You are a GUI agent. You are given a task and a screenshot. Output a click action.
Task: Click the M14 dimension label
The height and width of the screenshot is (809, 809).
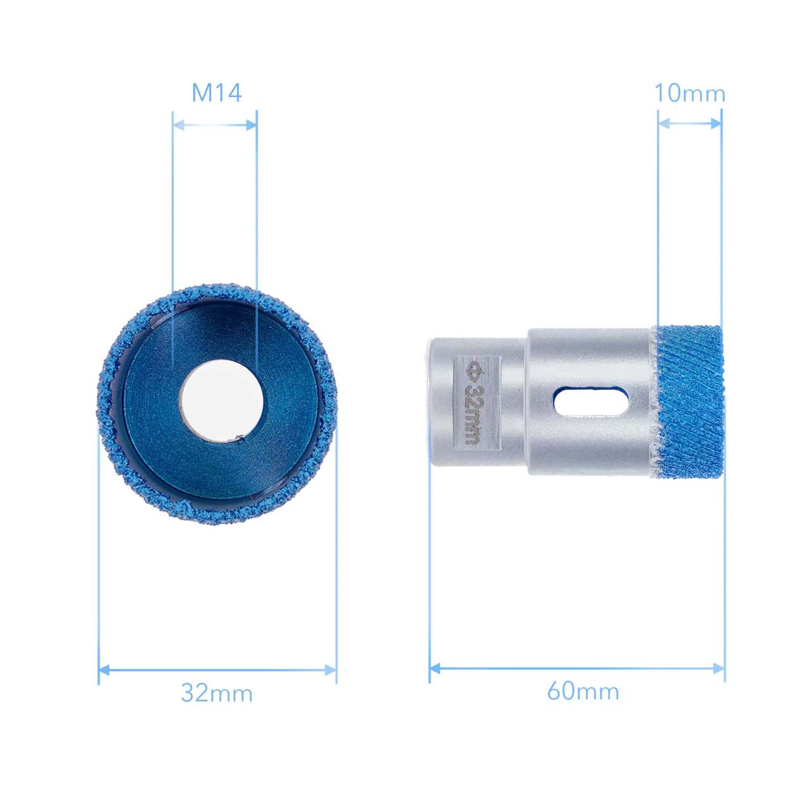[217, 93]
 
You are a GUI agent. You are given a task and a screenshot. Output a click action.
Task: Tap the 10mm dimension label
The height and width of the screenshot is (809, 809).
[689, 94]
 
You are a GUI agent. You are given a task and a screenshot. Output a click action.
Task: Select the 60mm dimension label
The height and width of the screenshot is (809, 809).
[583, 691]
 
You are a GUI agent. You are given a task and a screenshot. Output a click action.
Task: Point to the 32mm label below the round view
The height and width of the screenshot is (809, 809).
[217, 693]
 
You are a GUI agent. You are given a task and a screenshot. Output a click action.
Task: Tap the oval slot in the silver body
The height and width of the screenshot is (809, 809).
[590, 402]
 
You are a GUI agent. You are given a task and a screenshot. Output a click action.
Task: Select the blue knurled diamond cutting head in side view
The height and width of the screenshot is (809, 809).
[690, 402]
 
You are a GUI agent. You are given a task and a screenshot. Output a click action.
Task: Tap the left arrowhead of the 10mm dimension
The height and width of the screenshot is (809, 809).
[663, 123]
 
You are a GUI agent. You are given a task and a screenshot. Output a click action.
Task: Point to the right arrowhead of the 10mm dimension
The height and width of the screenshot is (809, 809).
[716, 123]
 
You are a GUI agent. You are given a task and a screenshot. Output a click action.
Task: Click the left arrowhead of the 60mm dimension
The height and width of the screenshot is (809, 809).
[435, 668]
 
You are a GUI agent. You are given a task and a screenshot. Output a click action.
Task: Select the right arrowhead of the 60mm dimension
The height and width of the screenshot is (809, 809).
[719, 668]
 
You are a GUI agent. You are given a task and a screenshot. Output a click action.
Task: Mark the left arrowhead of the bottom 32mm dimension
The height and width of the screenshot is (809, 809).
[104, 669]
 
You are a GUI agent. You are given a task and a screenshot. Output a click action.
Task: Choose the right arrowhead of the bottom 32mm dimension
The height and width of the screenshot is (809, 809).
[331, 669]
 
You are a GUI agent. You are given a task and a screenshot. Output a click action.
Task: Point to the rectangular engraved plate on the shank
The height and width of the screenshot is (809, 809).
[477, 402]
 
